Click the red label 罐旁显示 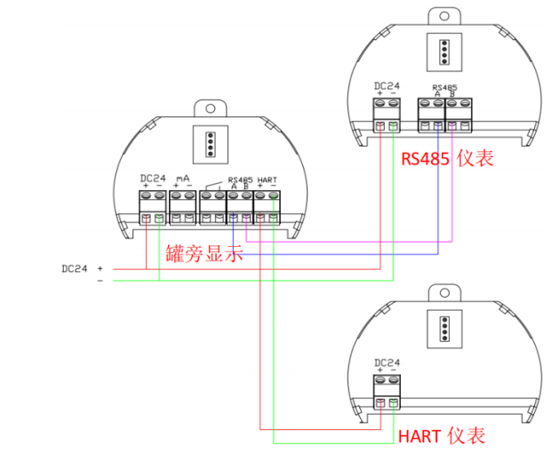204,253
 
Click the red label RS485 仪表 446,158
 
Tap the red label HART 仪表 441,435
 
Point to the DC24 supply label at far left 76,267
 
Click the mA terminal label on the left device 184,178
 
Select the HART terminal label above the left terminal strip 267,179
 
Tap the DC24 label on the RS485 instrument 387,86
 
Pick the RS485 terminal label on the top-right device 443,86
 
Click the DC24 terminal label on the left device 154,178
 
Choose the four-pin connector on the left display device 209,142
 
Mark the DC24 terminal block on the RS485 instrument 387,114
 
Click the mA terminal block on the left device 182,205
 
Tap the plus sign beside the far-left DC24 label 100,267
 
